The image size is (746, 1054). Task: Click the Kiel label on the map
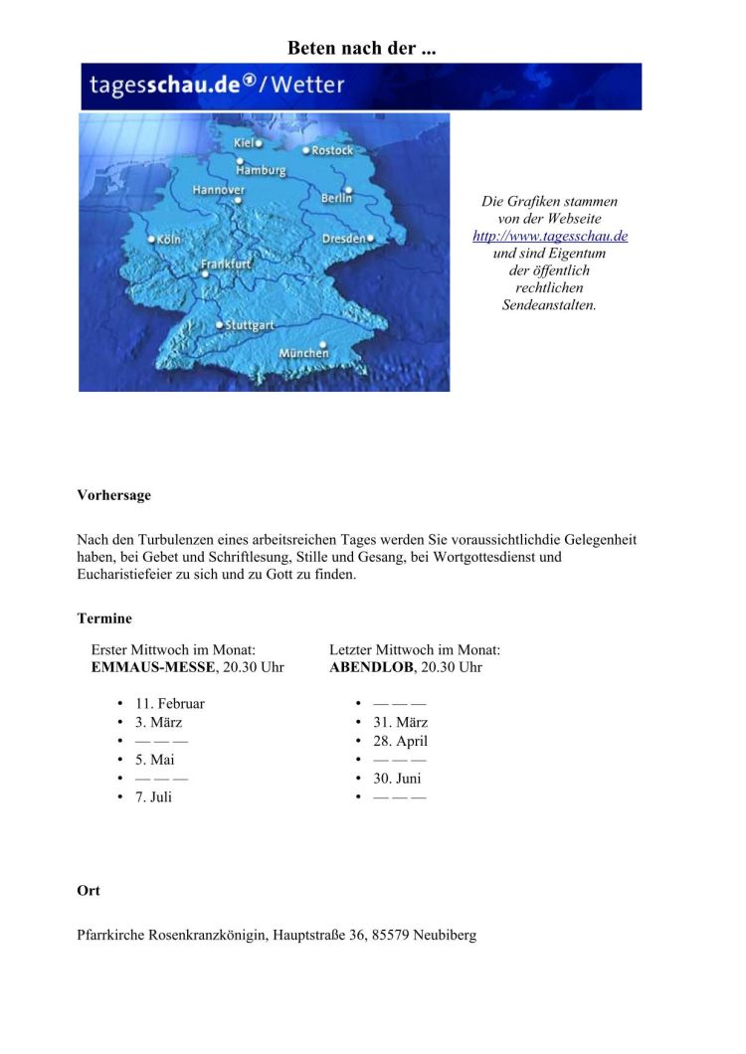click(x=243, y=143)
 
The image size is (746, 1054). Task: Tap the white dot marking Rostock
click(x=306, y=150)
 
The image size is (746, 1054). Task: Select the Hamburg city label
click(x=261, y=170)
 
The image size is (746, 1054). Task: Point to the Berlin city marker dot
click(x=348, y=189)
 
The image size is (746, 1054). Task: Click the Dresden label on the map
click(x=343, y=239)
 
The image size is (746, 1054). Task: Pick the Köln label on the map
click(x=168, y=240)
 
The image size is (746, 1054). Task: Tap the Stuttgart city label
click(x=250, y=325)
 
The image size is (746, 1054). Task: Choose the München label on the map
click(x=303, y=353)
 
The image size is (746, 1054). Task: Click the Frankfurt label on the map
click(x=226, y=264)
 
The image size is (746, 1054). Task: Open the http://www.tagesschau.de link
click(x=550, y=236)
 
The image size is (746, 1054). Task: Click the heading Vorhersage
click(x=113, y=494)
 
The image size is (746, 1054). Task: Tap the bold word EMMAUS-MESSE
click(x=152, y=667)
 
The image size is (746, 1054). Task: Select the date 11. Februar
click(x=170, y=703)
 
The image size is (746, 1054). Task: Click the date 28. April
click(x=401, y=741)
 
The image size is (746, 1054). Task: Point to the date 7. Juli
click(x=154, y=796)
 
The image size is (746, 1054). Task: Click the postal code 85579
click(x=390, y=935)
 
